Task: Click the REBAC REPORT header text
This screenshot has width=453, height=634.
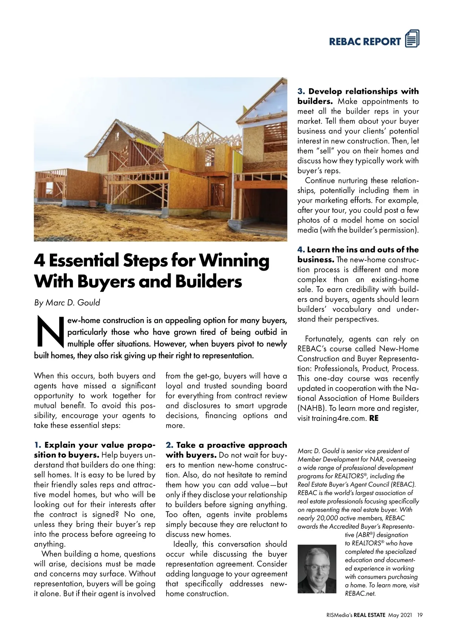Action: (365, 42)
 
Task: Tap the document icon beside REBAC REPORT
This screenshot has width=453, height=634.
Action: (412, 39)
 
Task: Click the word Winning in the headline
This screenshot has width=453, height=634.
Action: (234, 261)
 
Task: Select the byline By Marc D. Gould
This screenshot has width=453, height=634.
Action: (67, 303)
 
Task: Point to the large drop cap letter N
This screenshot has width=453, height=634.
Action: (49, 332)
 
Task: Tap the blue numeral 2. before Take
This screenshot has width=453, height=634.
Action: (169, 445)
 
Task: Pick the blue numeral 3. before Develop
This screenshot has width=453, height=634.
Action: (301, 92)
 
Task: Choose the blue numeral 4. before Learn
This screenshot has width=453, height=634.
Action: (301, 250)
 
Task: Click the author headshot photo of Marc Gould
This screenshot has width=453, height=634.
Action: (317, 569)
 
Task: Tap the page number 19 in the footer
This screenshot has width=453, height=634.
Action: (420, 615)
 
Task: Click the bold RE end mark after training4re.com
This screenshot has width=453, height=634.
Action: (374, 418)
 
